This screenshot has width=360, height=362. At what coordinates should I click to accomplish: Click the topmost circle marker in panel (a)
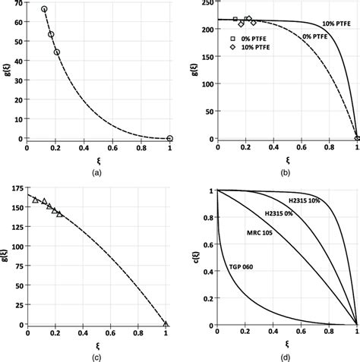click(x=44, y=9)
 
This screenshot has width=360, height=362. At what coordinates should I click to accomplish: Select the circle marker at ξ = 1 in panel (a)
click(x=169, y=139)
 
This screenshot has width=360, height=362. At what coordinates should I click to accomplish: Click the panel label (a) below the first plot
click(x=98, y=172)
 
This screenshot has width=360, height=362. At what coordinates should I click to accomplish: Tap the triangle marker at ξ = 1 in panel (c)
click(x=166, y=324)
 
